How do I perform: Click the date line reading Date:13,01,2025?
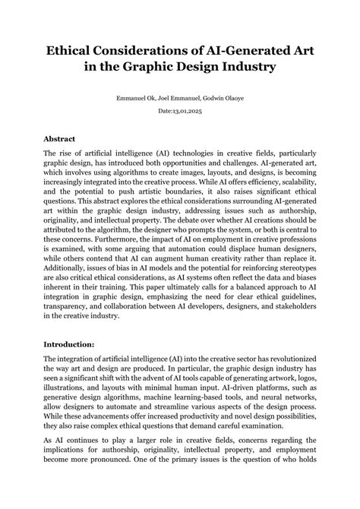pyautogui.click(x=180, y=112)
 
